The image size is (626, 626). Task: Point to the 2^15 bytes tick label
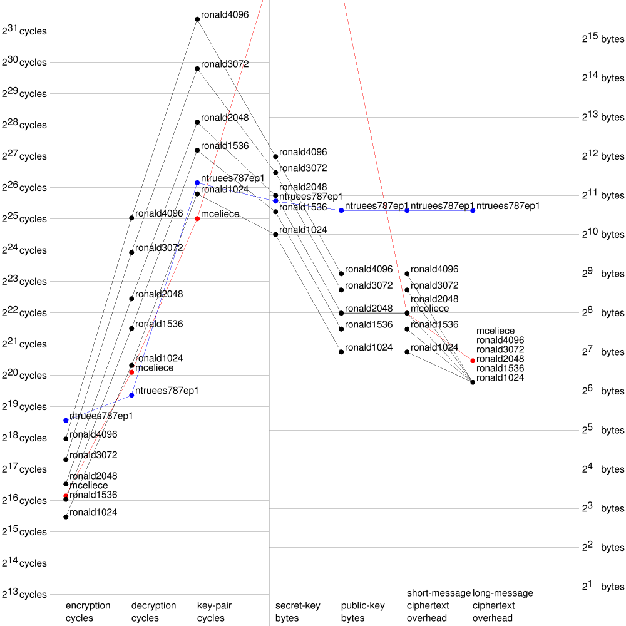[x=603, y=38]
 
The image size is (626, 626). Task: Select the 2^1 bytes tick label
[x=603, y=586]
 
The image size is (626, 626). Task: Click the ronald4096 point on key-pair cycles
[x=197, y=19]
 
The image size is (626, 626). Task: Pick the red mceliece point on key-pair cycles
[x=197, y=218]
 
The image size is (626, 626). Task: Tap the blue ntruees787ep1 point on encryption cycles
[x=66, y=420]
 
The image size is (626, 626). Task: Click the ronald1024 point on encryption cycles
[x=66, y=516]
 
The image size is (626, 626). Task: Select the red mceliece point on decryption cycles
[x=131, y=372]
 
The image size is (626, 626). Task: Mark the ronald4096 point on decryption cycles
[x=131, y=218]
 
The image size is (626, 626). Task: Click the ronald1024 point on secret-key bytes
[x=275, y=234]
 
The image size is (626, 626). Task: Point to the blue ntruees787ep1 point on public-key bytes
[x=341, y=210]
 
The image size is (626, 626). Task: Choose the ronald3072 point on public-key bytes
[x=341, y=290]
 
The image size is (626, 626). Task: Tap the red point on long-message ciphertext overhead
[x=473, y=360]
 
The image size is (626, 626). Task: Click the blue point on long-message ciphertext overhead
[x=473, y=210]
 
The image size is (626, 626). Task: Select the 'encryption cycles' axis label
[x=88, y=612]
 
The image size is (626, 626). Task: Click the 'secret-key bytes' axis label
[x=297, y=612]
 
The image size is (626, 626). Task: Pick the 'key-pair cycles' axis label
[x=214, y=612]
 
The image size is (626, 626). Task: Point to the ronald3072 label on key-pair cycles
[x=225, y=64]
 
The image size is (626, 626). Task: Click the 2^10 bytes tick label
[x=603, y=234]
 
